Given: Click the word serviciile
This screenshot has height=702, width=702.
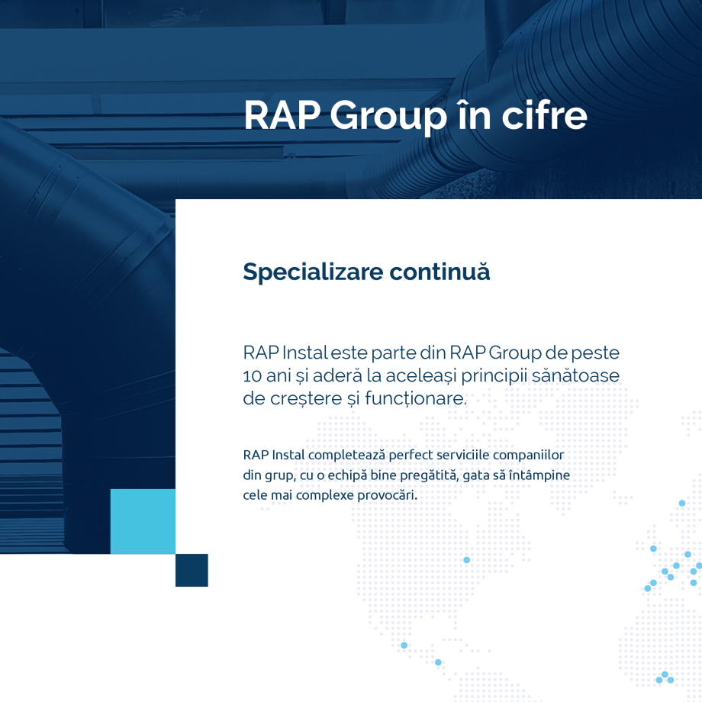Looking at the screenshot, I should (x=467, y=456).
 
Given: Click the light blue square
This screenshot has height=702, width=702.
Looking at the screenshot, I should (x=143, y=521).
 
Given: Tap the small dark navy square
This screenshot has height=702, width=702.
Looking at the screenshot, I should (x=192, y=570).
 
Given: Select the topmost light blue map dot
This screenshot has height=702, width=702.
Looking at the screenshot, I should (x=682, y=503).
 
